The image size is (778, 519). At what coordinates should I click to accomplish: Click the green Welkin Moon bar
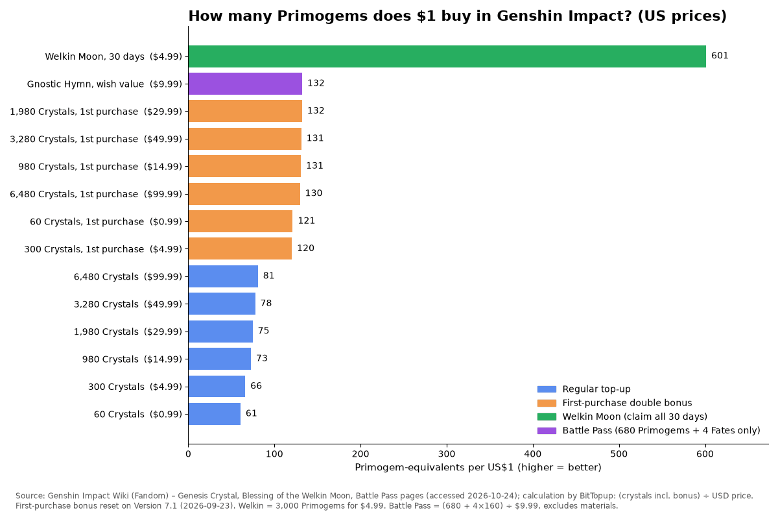pos(447,56)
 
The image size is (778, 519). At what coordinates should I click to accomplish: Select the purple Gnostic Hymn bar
pos(245,84)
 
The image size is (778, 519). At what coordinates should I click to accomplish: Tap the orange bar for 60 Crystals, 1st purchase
pos(241,221)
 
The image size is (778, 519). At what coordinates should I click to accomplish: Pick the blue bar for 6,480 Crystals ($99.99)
pos(223,276)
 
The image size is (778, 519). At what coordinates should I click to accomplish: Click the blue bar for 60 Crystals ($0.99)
pos(215,414)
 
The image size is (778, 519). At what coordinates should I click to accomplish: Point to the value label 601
pos(720,56)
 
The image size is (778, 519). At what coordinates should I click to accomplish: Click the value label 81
pos(268,276)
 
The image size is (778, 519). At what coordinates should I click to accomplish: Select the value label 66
pos(256,386)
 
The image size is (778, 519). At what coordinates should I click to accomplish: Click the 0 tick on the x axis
pos(188,454)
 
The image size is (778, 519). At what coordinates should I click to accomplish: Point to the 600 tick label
pos(705,454)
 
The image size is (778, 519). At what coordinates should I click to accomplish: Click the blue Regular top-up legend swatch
pos(547,389)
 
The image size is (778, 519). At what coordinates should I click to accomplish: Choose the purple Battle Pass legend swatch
pos(547,431)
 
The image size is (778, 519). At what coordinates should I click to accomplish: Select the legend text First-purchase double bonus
pos(627,403)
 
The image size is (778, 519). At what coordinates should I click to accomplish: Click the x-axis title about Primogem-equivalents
pos(478,468)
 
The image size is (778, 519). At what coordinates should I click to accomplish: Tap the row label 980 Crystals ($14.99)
pos(132,359)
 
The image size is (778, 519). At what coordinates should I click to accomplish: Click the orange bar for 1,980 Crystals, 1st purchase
pos(245,111)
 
